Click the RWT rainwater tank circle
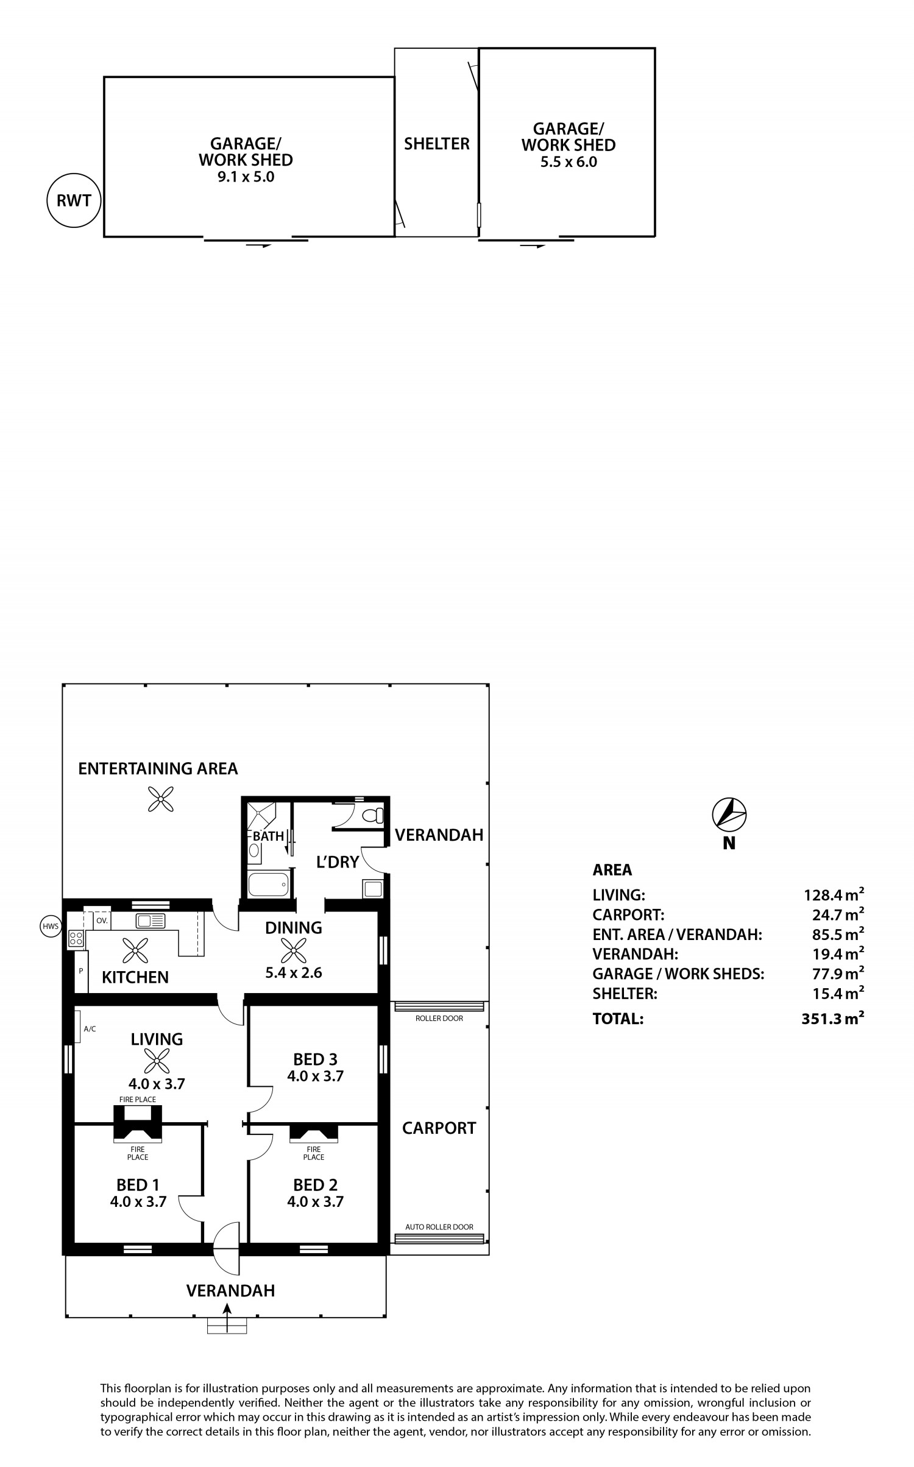point(74,200)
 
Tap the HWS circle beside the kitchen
point(51,927)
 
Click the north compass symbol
point(729,814)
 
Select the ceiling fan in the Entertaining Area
point(161,799)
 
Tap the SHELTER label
point(437,144)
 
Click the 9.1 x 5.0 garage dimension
point(246,177)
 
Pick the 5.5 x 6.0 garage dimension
point(569,162)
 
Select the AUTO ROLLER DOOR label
point(439,1227)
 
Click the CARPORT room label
point(439,1128)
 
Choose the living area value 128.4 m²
point(834,895)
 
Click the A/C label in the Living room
point(90,1029)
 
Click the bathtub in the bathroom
point(268,885)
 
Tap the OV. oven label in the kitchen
point(102,921)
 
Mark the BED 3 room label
point(315,1059)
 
